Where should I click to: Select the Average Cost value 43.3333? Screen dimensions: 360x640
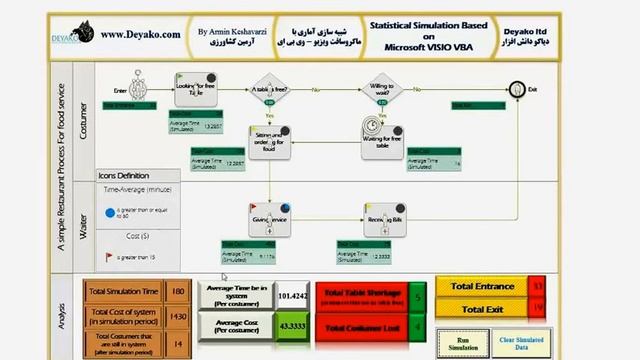click(294, 327)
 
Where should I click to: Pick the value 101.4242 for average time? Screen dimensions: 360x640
click(294, 295)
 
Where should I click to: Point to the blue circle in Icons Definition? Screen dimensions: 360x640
click(109, 212)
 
